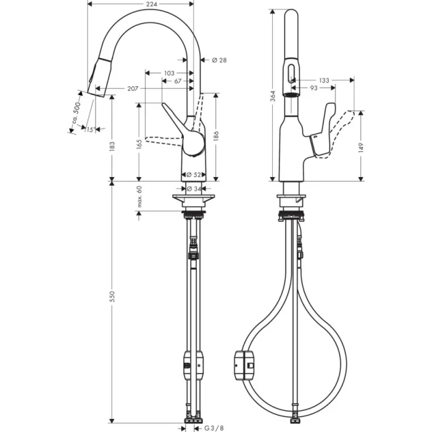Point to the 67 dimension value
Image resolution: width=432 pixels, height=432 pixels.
pos(177,81)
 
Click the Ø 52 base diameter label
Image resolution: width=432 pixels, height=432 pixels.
pos(194,175)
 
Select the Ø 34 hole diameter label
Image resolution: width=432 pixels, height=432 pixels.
pos(194,189)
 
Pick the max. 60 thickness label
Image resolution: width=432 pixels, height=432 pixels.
pos(139,197)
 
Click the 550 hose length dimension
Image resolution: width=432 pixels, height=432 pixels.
pos(112,297)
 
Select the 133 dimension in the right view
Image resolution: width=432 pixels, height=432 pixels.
pos(324,80)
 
